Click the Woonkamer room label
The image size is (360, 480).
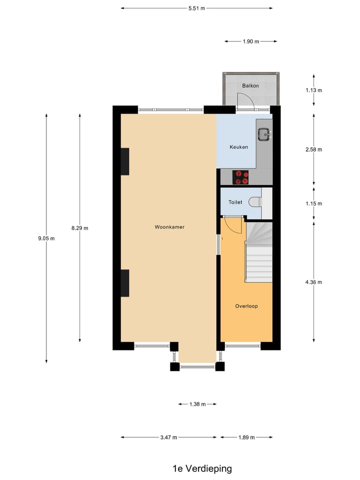pos(169,227)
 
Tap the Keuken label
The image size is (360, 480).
pos(238,147)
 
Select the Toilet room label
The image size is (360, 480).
pos(235,202)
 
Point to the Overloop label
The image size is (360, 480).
pos(246,306)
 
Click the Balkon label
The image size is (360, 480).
pos(250,85)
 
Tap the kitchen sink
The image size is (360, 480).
pos(263,133)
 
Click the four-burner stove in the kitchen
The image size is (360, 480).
pos(241,177)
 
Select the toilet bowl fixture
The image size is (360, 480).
pos(256,202)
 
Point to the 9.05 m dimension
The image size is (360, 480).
pos(46,238)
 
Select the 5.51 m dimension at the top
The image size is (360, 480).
pos(196,8)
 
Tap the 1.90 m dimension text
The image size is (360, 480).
pos(250,41)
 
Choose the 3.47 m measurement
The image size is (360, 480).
pos(168,437)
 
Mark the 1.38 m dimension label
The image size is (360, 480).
pos(197,404)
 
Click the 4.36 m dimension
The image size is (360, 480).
pos(313,282)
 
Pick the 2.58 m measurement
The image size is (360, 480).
pos(313,149)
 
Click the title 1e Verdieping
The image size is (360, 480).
pos(202,468)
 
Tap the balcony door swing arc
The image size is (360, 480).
pos(248,100)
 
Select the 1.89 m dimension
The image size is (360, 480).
pos(245,437)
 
